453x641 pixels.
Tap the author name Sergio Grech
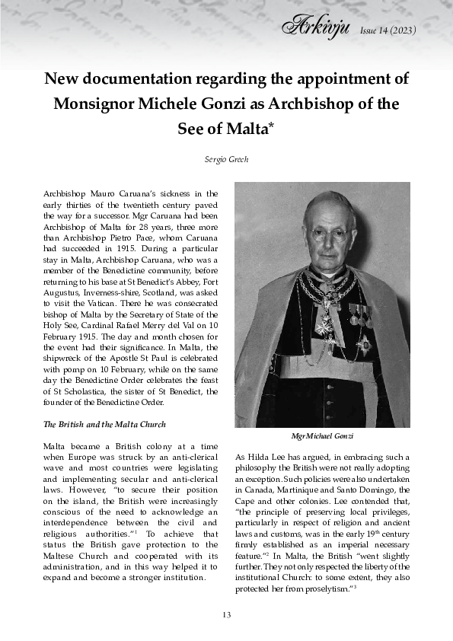coord(226,159)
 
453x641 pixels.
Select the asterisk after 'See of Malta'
coord(270,123)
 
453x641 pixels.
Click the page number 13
coord(226,614)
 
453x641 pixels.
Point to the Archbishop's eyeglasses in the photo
coord(327,234)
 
